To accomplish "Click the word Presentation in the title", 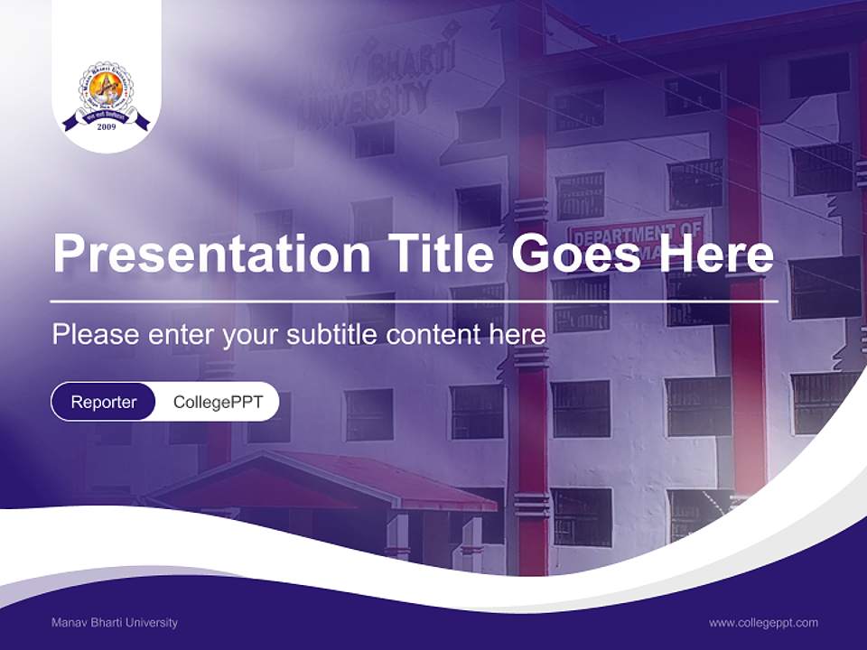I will tap(211, 255).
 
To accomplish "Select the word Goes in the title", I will tap(572, 255).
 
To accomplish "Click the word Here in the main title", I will tap(716, 255).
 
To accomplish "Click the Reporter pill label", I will tap(104, 402).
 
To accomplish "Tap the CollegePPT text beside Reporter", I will tap(218, 402).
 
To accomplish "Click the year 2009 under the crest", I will tap(107, 127).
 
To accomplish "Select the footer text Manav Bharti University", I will tap(115, 622).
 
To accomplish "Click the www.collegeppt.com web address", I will tap(763, 622).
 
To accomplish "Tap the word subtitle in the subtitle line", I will tap(331, 335).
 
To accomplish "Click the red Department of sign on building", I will tap(636, 231).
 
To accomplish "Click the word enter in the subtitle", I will tap(181, 335).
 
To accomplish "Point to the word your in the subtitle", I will tap(251, 335).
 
